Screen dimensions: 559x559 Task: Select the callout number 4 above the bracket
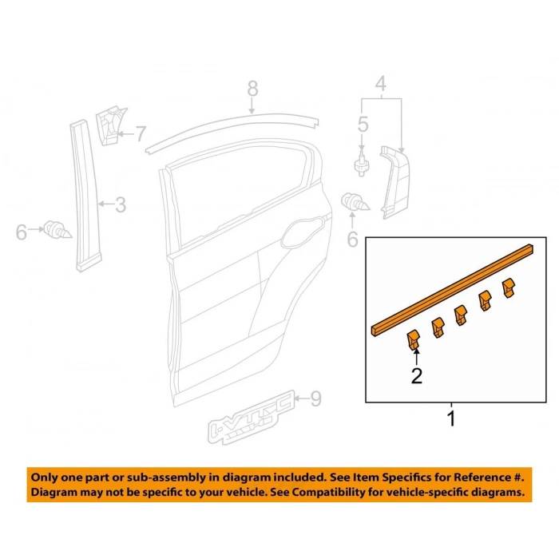click(381, 84)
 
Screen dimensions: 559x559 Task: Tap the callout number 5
click(363, 125)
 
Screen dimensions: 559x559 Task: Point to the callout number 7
click(141, 134)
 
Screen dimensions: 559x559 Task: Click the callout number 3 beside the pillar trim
click(121, 204)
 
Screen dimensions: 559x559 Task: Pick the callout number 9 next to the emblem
click(316, 398)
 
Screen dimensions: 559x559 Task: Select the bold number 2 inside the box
click(416, 376)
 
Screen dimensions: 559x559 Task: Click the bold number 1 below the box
click(451, 419)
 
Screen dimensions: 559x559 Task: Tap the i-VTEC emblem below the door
click(252, 417)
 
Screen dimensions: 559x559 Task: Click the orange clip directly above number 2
click(413, 339)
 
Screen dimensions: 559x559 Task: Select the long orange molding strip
click(453, 290)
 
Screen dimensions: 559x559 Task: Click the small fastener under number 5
click(362, 165)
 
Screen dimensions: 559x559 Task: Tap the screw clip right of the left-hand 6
click(57, 230)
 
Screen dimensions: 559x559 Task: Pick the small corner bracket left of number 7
click(109, 125)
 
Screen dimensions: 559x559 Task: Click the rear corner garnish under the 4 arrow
click(395, 182)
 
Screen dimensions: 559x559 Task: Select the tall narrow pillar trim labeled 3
click(85, 196)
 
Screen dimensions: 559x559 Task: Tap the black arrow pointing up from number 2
click(416, 357)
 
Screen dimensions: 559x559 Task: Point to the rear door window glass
click(239, 189)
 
